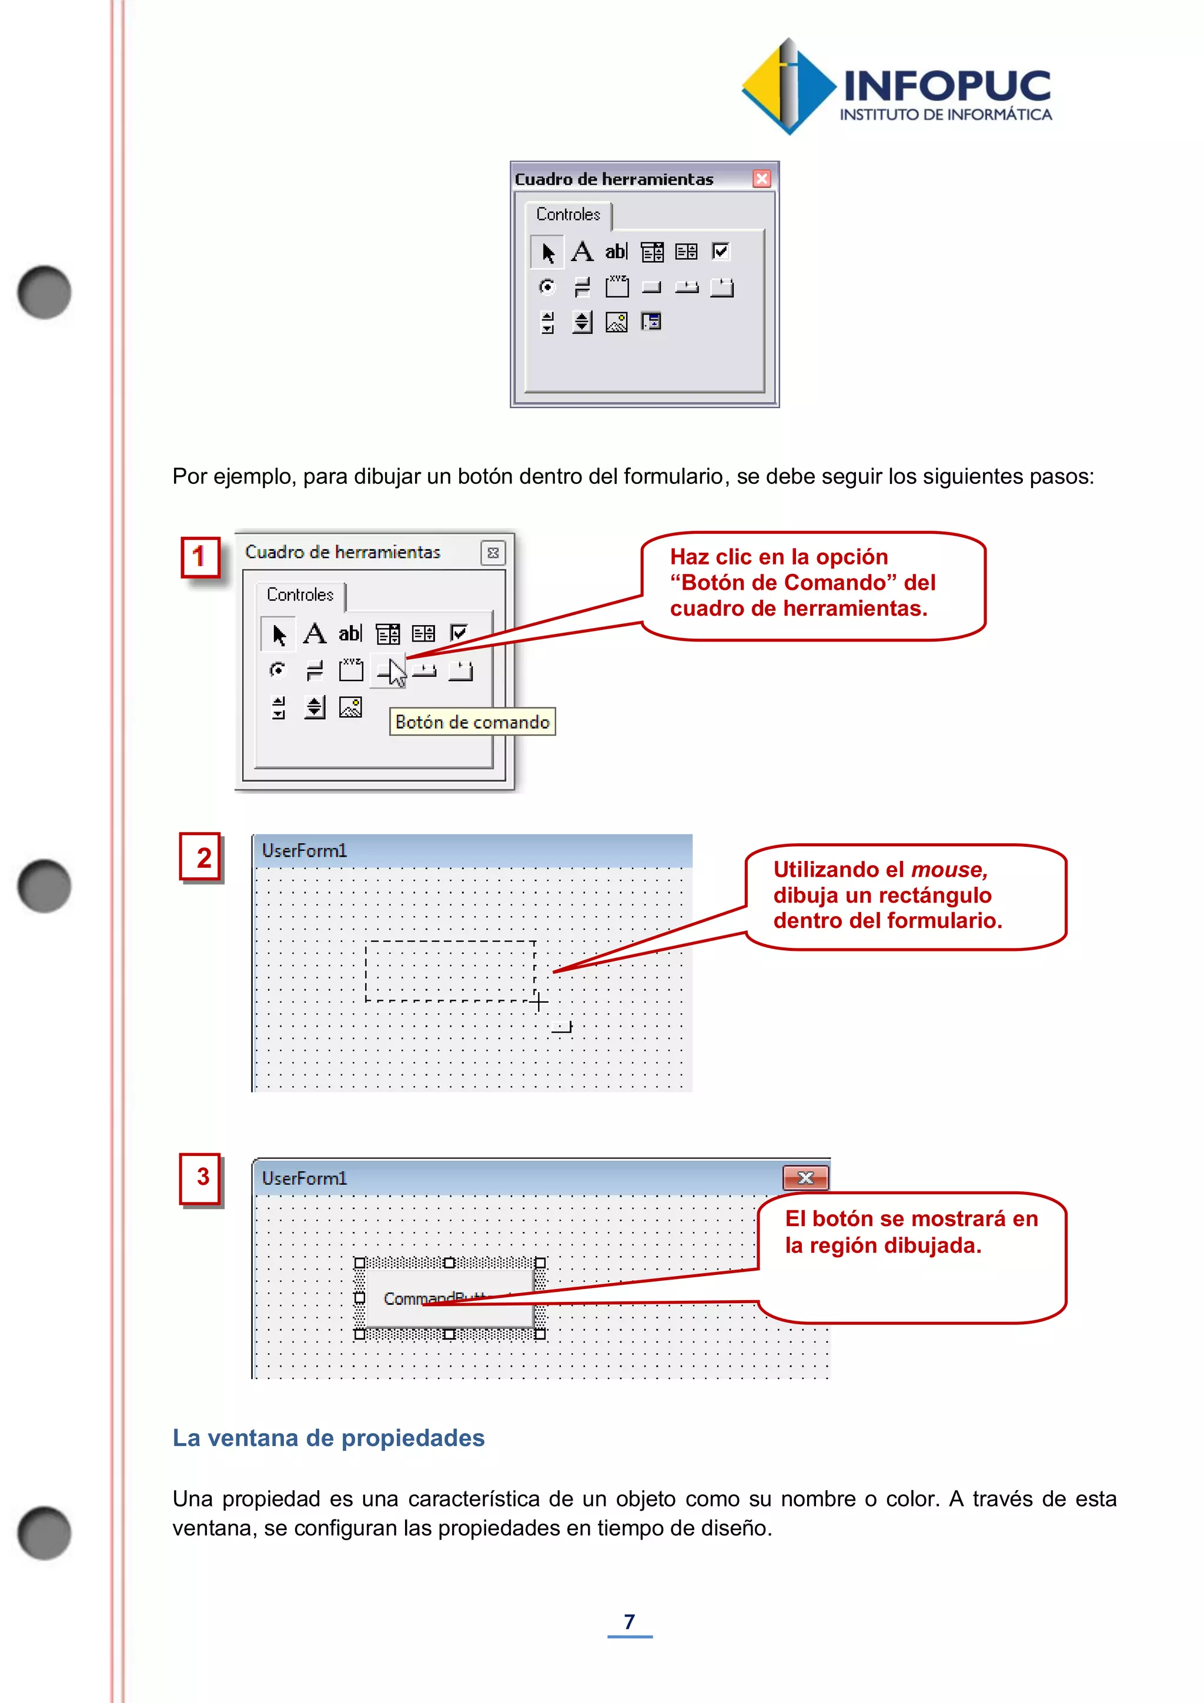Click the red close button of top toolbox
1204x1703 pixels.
761,179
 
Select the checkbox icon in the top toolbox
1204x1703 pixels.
721,252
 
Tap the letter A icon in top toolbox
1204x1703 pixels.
582,252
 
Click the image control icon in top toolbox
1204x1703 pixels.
617,322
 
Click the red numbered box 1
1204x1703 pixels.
200,557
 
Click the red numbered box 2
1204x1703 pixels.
202,857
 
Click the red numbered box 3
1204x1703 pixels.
202,1177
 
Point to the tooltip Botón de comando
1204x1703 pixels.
472,722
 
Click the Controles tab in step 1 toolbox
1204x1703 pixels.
300,595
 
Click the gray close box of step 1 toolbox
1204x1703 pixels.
493,553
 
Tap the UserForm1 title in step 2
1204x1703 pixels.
304,851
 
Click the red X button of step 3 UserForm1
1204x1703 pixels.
805,1178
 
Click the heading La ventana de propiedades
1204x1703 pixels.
329,1437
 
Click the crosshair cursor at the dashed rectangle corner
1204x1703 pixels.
539,1002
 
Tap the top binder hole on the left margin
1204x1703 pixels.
45,292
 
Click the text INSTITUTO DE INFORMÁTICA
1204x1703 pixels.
945,115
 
